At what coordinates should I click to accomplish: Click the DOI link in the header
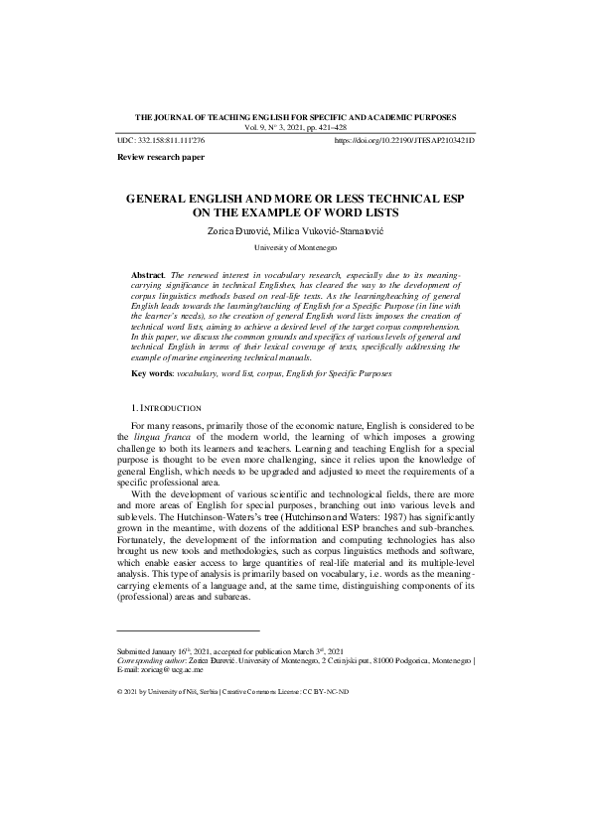click(404, 142)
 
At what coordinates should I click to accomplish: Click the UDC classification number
click(160, 142)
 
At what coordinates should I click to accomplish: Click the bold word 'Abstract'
click(149, 272)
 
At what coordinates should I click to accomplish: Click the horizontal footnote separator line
click(188, 629)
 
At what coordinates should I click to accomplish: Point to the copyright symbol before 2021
click(120, 691)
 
